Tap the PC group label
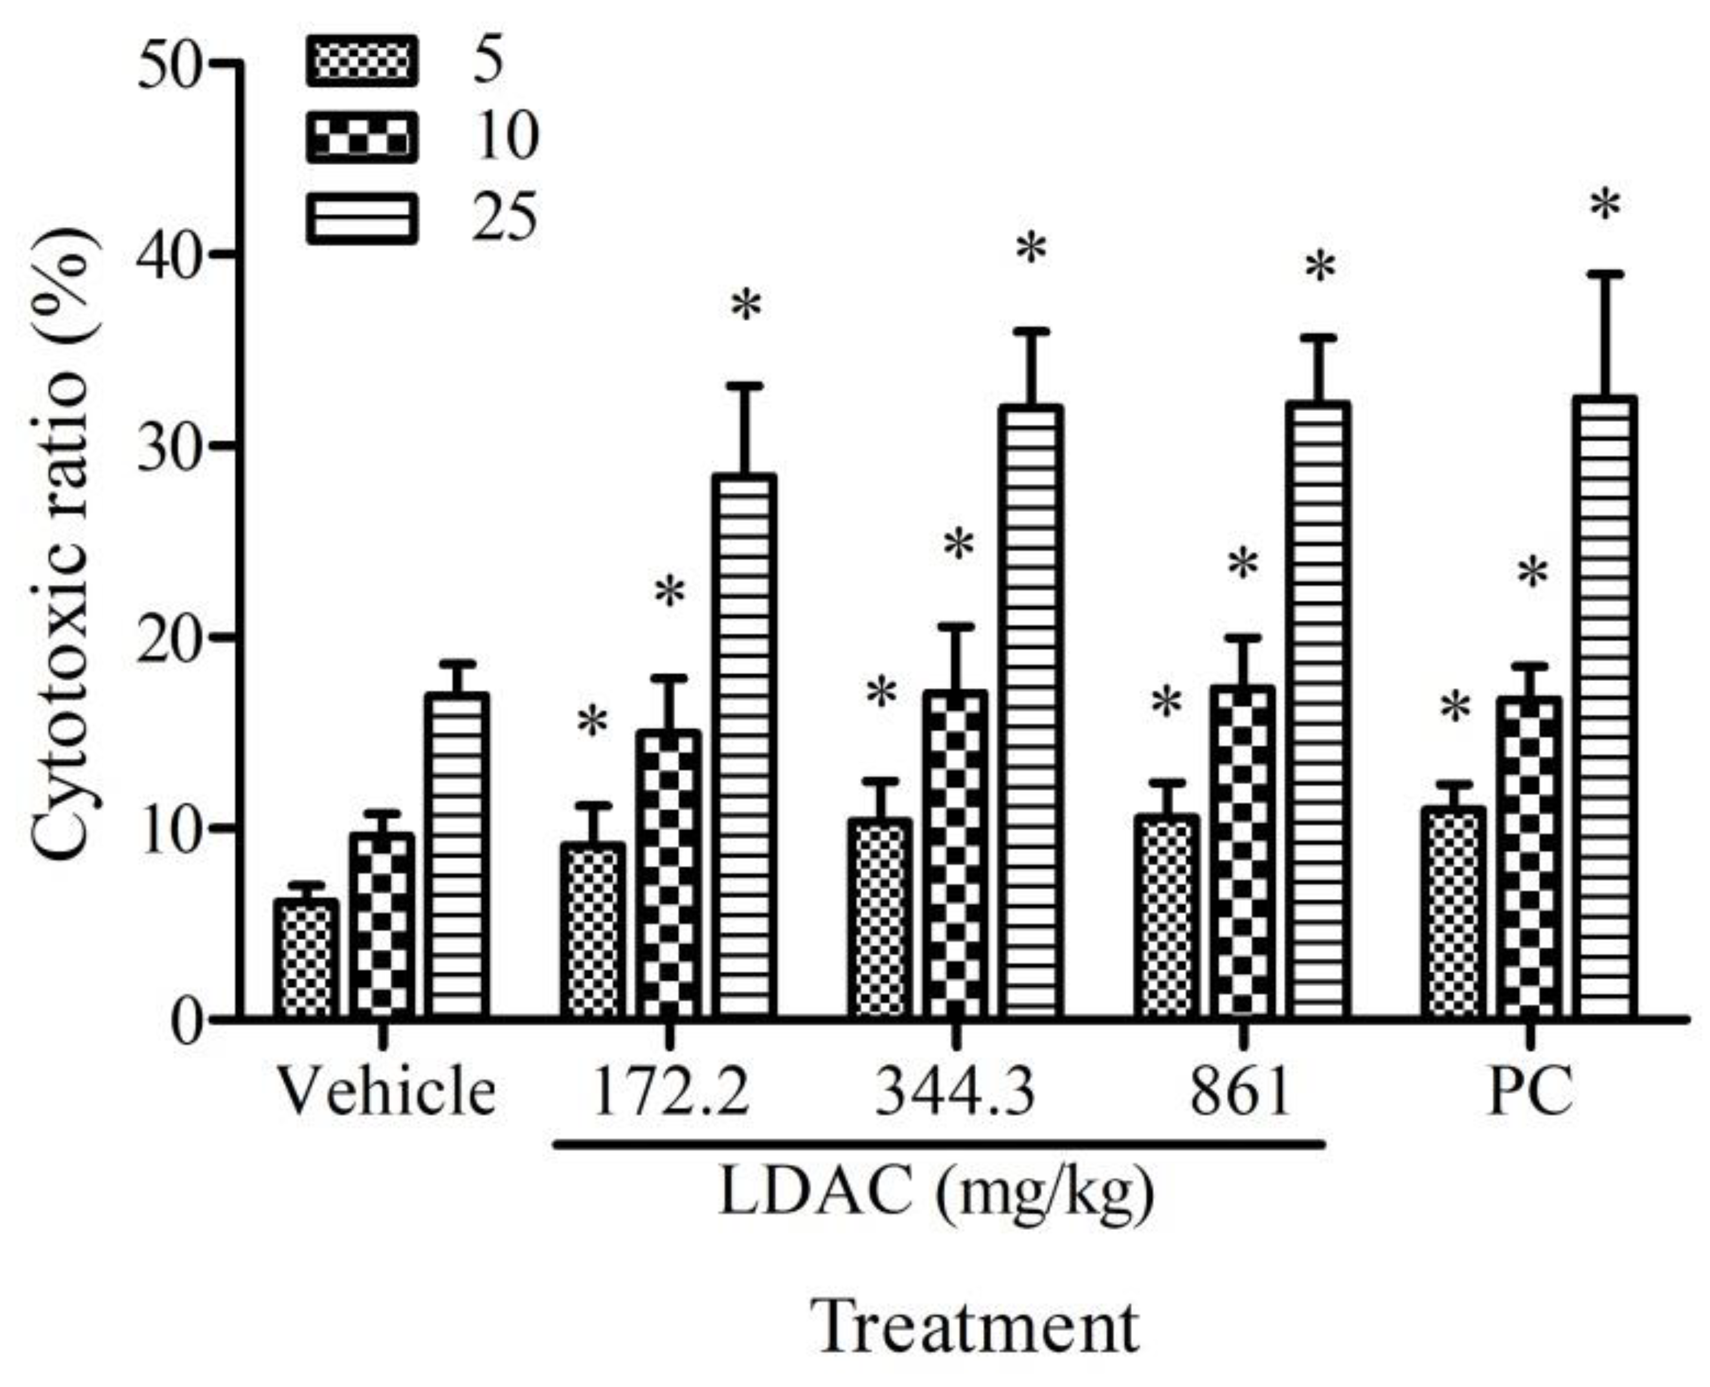1530,1092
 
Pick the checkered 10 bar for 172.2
670,875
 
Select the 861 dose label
1241,1092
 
